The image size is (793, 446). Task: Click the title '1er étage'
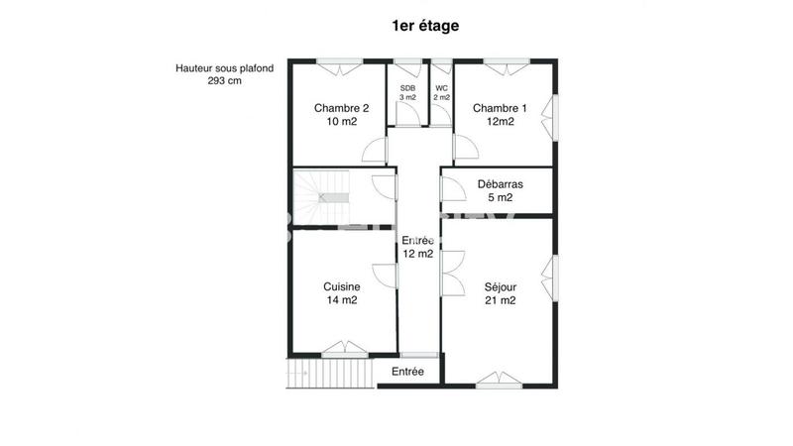click(x=424, y=26)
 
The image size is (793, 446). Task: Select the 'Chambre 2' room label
click(x=341, y=108)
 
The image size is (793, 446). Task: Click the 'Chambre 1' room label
click(x=500, y=108)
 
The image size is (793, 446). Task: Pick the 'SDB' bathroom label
click(x=407, y=88)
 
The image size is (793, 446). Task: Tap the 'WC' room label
click(x=441, y=88)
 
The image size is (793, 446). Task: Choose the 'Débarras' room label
click(x=500, y=184)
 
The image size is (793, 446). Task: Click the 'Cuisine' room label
click(x=341, y=286)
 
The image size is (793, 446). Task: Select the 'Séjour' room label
click(x=500, y=286)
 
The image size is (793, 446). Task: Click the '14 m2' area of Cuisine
click(x=341, y=300)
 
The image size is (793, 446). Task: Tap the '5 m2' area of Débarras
click(x=500, y=198)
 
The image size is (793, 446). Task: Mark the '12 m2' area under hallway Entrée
click(x=417, y=254)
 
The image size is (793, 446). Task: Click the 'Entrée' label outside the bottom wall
click(x=407, y=372)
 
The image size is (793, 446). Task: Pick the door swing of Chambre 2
click(x=374, y=152)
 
